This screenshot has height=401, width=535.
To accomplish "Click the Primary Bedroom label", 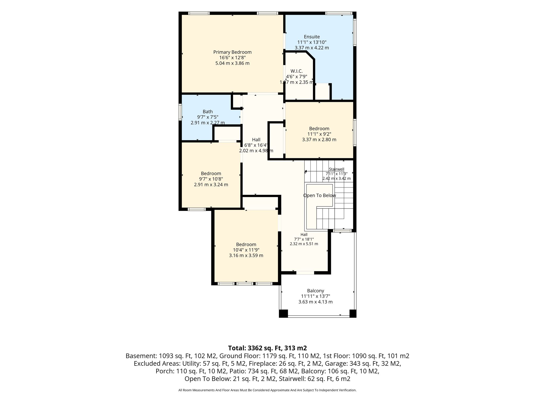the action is tap(232, 52).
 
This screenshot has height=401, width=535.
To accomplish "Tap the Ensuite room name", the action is tap(312, 37).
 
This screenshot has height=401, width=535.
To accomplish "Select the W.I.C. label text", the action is tap(296, 71).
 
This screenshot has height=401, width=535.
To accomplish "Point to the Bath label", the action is tap(208, 112).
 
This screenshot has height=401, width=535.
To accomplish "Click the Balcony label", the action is tap(316, 291).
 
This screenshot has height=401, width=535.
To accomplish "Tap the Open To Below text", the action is tap(319, 196).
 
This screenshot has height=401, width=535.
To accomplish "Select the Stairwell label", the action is tap(336, 169).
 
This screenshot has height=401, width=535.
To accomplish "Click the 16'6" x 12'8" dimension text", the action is tap(232, 58).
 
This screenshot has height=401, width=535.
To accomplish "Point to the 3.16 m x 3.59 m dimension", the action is tap(246, 256).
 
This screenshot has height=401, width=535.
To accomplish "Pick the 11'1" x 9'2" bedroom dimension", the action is tap(319, 134).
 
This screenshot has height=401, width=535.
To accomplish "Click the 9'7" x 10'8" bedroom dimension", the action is tap(211, 179).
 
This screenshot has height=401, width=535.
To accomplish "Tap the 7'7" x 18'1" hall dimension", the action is tap(304, 239).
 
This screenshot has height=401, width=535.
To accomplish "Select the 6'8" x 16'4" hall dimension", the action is tap(255, 145).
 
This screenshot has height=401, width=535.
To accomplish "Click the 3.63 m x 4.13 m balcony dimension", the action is tap(316, 302).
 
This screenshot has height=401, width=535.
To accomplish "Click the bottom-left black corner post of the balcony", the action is tap(283, 314).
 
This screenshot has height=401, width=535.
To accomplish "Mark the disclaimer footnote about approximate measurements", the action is tap(267, 390).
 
